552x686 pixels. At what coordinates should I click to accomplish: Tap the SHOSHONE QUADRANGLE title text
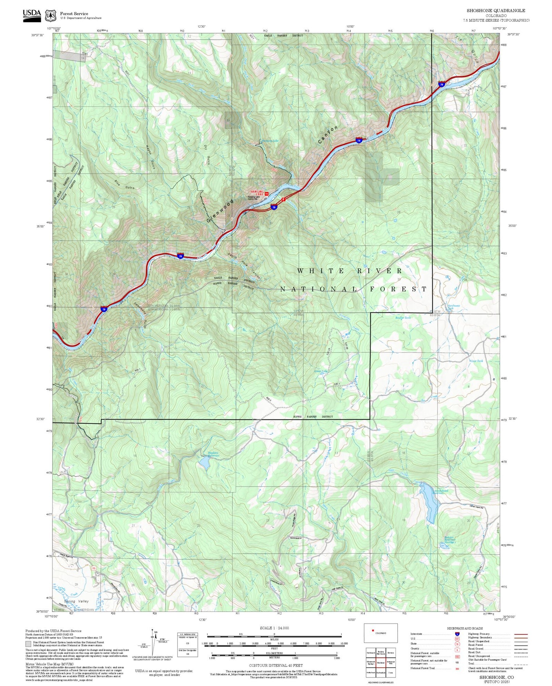(495, 10)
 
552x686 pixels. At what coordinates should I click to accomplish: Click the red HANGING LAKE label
(257, 192)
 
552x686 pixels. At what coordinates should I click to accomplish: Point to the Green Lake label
(321, 371)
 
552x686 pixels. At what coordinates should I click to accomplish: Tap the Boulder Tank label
(403, 317)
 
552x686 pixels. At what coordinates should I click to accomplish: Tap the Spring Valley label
(76, 601)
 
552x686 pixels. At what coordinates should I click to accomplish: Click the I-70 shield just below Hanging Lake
(274, 207)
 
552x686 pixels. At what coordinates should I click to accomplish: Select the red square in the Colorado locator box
(372, 630)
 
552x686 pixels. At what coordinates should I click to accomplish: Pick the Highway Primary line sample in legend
(521, 634)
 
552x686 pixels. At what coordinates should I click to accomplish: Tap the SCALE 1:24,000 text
(274, 627)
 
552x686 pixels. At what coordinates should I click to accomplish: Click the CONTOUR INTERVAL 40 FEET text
(274, 665)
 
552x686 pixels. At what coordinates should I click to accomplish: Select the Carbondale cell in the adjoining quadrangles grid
(380, 672)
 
